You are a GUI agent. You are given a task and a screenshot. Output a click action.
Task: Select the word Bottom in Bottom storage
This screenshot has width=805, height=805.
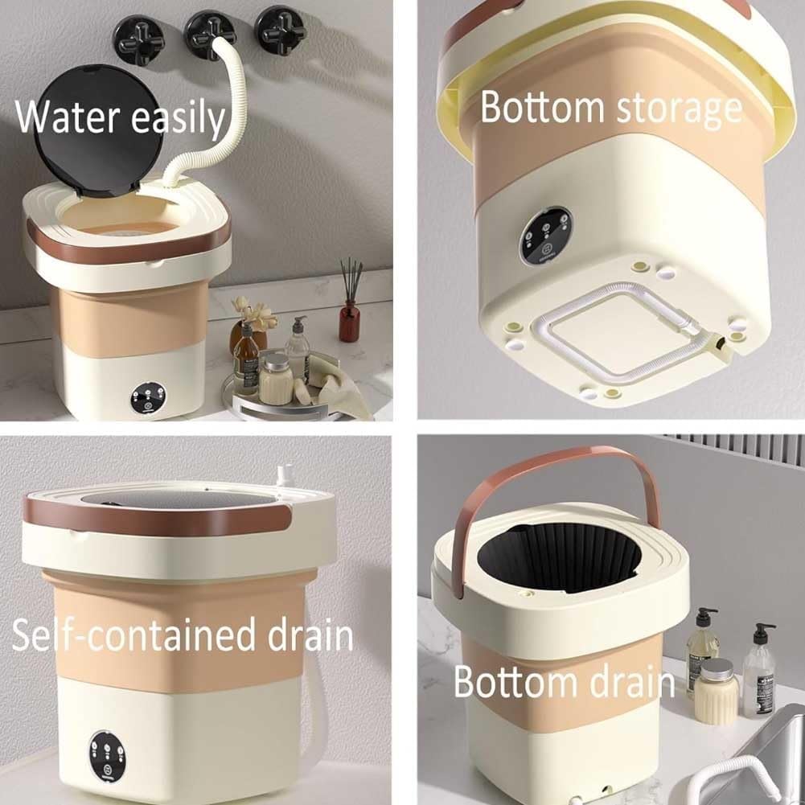[543, 109]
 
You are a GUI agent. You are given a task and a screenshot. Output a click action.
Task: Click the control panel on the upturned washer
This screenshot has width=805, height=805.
[546, 236]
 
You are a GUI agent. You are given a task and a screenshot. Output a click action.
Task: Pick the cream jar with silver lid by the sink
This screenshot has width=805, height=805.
[715, 691]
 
